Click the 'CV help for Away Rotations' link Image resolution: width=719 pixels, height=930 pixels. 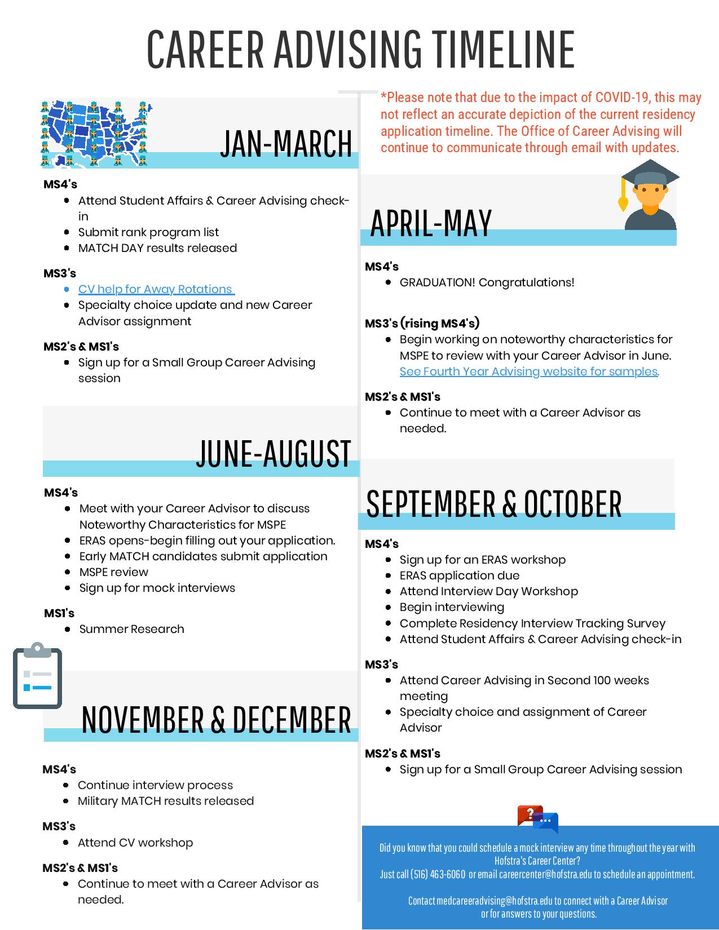155,289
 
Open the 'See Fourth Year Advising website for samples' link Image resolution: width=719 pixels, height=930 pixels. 528,371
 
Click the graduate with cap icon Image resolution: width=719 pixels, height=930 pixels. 650,195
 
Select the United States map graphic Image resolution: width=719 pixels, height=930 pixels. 94,134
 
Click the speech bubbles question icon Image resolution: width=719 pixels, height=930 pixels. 537,819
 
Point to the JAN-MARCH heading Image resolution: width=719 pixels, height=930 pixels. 286,143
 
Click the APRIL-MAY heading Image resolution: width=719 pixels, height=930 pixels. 431,222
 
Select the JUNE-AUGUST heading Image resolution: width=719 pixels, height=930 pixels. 274,453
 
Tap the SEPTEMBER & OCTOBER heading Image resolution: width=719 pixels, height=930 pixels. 493,503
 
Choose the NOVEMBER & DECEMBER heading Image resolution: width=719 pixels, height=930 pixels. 216,719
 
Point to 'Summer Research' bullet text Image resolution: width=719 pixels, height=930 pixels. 131,629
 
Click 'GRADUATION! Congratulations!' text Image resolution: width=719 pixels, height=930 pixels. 487,282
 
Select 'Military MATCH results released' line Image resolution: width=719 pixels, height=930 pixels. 166,801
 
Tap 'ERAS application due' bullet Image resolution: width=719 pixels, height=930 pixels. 460,575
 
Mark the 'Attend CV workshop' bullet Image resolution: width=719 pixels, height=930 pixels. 135,843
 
